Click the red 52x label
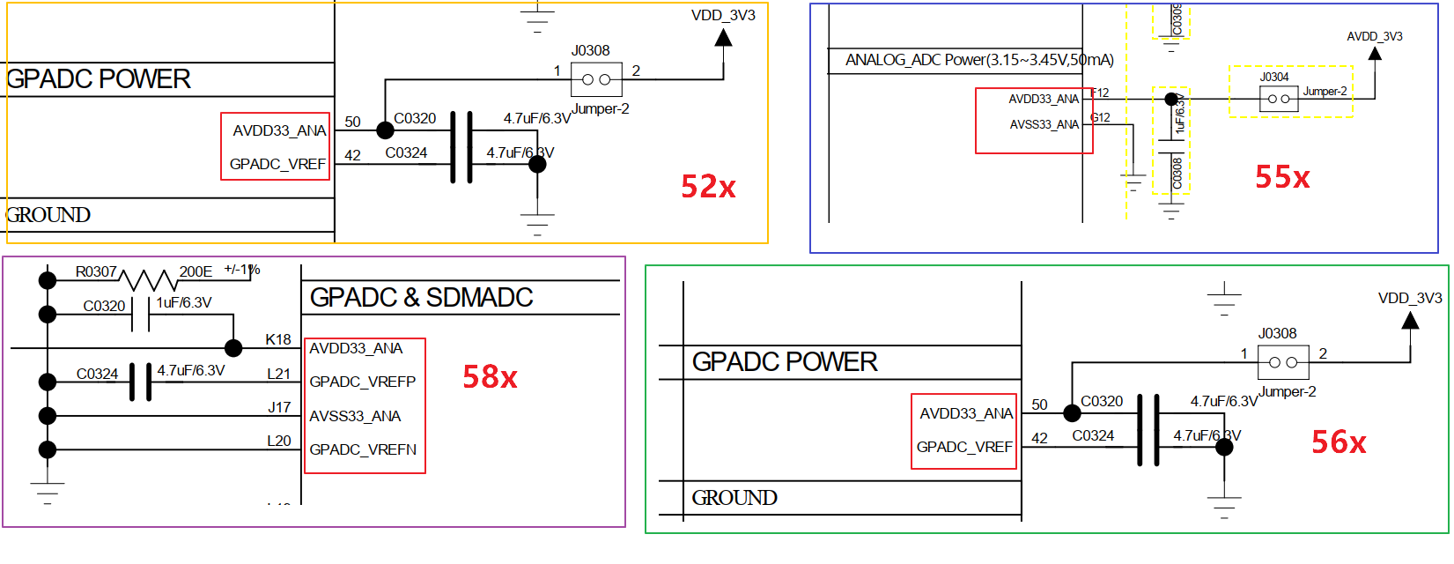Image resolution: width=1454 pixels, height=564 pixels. point(708,187)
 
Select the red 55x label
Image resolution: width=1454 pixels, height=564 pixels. point(1282,177)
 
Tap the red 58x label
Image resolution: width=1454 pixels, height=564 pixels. point(490,377)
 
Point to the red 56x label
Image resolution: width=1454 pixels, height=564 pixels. point(1339,442)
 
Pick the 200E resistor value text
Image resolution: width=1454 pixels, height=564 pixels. point(196,271)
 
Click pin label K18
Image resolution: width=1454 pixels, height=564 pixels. point(278,339)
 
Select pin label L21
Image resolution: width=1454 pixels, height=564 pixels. point(278,374)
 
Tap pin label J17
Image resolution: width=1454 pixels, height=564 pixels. point(279,407)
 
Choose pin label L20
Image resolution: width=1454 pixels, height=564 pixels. point(278,441)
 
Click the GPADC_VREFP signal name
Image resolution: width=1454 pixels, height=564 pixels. point(362,382)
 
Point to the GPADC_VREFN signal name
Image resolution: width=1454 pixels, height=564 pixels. point(363,449)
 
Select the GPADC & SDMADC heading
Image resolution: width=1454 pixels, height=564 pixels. point(421,298)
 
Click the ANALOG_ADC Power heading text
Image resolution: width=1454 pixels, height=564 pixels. point(979,60)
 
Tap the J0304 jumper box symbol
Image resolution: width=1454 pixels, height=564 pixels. point(1279,99)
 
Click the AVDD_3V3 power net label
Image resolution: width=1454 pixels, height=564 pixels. point(1374,36)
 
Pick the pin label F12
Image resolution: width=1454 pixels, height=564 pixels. point(1100,93)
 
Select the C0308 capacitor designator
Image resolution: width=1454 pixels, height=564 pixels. point(1177,174)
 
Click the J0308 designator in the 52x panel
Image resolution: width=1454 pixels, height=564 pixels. point(590,50)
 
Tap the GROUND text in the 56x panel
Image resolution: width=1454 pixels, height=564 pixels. point(734,498)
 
